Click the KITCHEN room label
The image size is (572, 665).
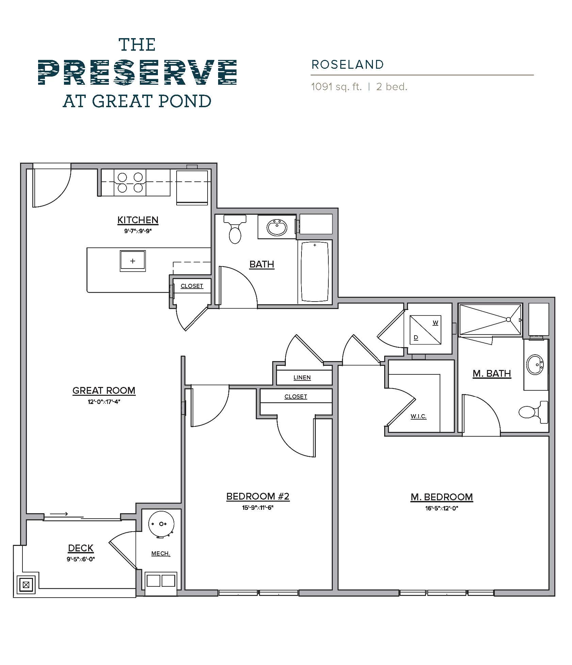point(138,220)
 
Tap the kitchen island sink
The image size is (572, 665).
point(133,261)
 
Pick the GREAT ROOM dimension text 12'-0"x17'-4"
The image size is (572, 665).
point(104,402)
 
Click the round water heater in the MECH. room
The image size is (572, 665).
point(161,524)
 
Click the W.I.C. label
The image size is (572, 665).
point(418,416)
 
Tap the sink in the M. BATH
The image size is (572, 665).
point(535,364)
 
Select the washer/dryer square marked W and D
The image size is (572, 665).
point(425,330)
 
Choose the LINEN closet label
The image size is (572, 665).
point(302,377)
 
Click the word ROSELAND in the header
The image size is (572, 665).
point(347,65)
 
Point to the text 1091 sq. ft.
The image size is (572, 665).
point(336,87)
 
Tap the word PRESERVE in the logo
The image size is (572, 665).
point(137,72)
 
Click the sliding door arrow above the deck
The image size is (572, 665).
point(59,514)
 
